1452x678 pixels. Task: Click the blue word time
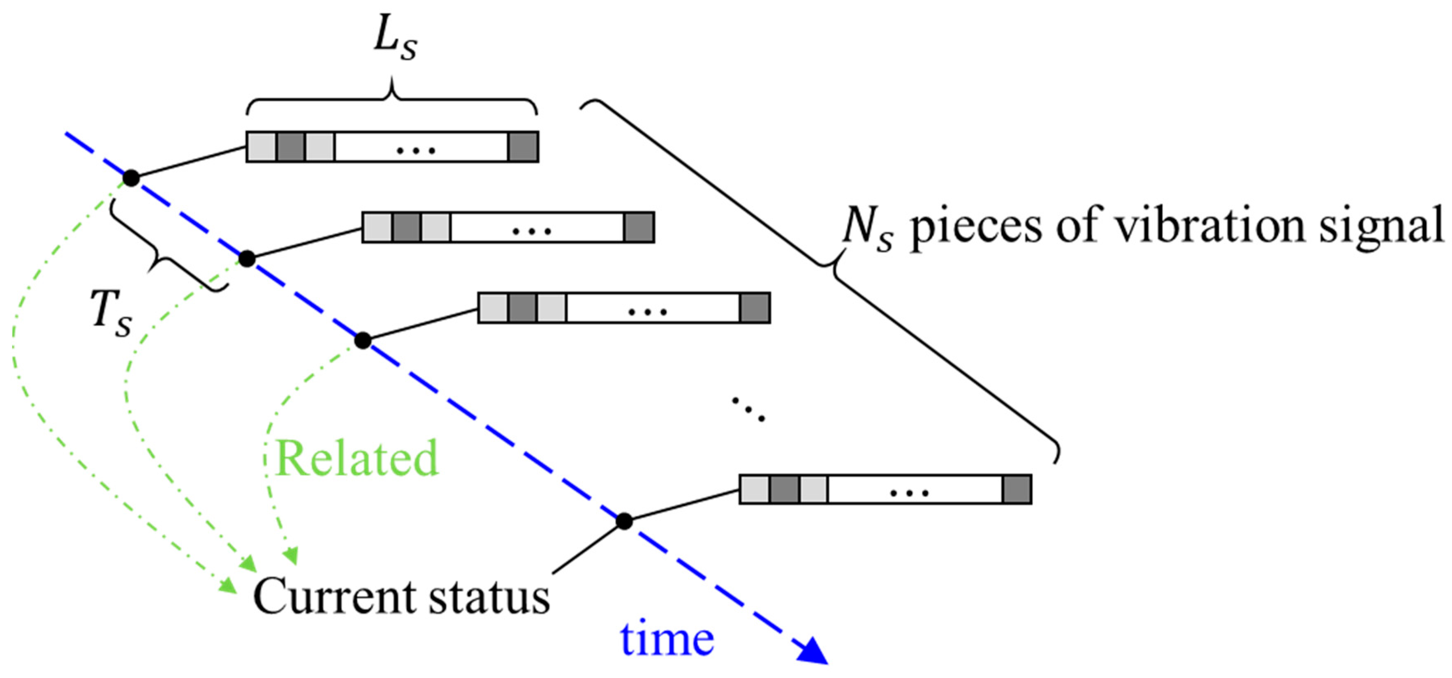point(667,639)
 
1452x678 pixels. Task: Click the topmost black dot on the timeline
point(131,178)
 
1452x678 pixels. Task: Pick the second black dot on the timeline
point(247,259)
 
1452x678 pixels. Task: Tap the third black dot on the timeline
point(363,341)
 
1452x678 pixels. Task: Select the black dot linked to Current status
point(624,521)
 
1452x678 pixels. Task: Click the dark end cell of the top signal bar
point(523,147)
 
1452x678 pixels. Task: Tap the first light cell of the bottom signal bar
point(754,489)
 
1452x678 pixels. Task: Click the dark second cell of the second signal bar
point(406,228)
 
